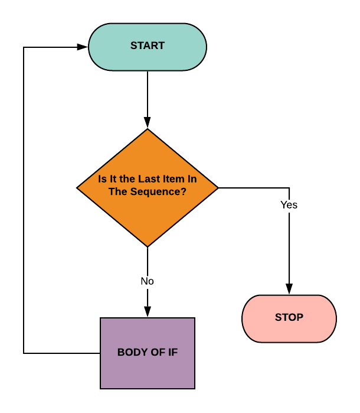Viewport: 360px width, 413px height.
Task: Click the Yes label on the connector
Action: click(289, 205)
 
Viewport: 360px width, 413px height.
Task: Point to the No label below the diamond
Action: click(147, 281)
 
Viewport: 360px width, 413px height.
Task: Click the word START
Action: click(147, 46)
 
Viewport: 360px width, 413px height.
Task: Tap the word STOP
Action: click(289, 318)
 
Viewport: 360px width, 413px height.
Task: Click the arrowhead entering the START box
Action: click(83, 47)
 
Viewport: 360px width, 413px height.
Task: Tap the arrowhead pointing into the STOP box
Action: click(289, 290)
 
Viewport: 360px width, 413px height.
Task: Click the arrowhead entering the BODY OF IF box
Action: click(147, 313)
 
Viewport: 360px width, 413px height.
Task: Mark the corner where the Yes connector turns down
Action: click(289, 188)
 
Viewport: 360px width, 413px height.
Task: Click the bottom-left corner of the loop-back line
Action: click(24, 353)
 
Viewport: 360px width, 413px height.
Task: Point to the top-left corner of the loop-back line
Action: click(24, 47)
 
